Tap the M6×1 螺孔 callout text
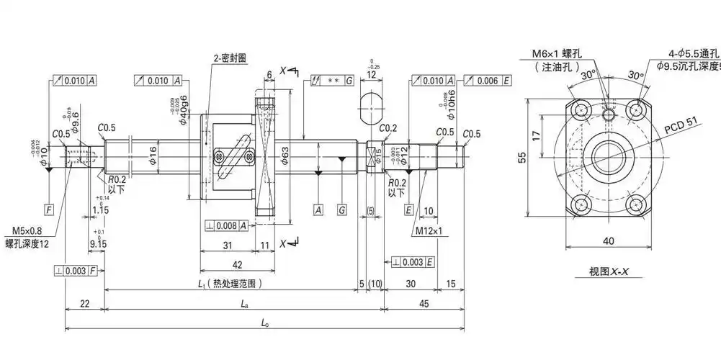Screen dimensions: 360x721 pos(559,54)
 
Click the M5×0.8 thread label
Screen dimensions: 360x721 pos(28,231)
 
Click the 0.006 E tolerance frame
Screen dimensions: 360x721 pos(488,80)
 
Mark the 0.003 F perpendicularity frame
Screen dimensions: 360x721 pos(75,271)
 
